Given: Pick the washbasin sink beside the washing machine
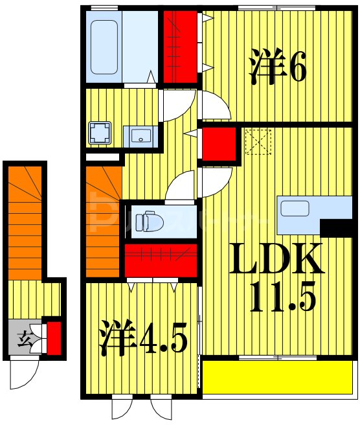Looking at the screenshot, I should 142,135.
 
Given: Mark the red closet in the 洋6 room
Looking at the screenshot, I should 179,47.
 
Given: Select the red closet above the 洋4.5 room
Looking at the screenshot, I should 160,260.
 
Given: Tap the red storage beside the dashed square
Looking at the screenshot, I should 218,144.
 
